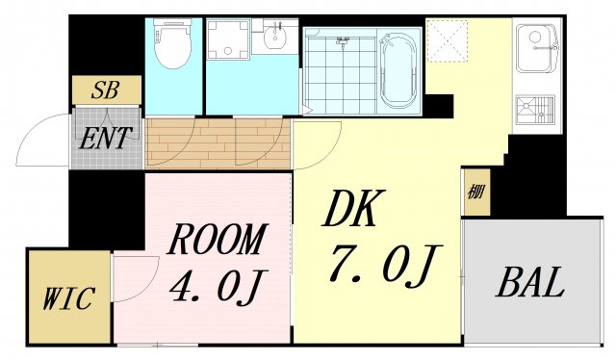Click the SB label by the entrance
point(105,91)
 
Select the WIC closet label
point(68,298)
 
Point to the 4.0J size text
point(218,284)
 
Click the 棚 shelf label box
point(475,191)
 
